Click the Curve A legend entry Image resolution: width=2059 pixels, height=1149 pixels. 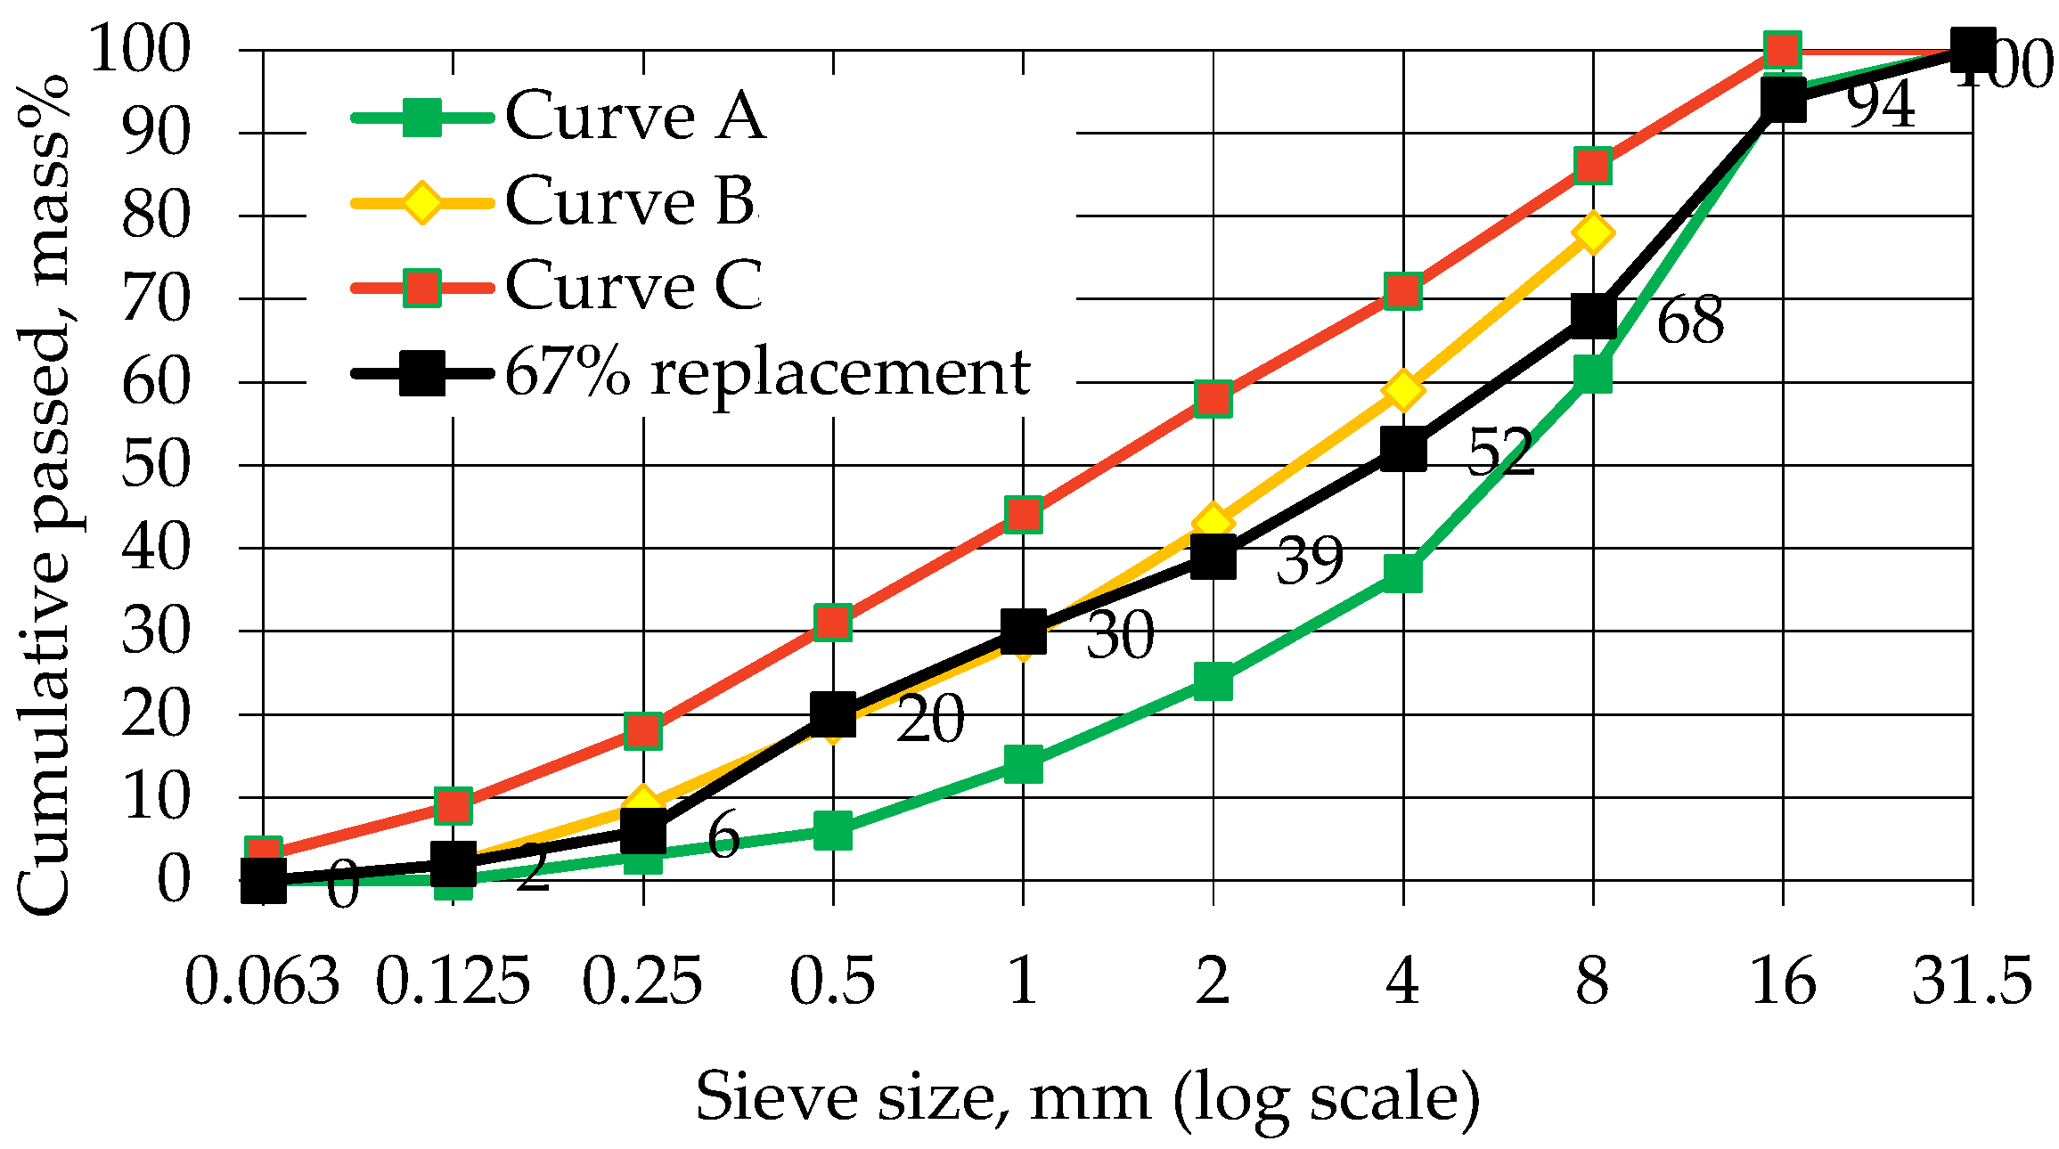[634, 116]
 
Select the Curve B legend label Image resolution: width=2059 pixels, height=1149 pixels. [629, 201]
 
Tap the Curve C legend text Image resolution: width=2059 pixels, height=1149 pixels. [633, 286]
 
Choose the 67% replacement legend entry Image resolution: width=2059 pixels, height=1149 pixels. [766, 371]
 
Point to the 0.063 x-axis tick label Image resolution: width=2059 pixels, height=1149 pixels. [262, 982]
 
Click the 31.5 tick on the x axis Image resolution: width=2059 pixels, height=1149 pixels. [1972, 982]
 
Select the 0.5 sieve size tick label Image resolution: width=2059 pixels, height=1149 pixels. [832, 982]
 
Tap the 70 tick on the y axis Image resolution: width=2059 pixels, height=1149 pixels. [156, 299]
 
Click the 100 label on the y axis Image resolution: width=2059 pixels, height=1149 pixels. [140, 50]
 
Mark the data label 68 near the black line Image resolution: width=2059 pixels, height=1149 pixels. [1690, 322]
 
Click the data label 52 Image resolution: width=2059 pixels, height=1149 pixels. [1500, 452]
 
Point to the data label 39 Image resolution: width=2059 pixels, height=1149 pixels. [1310, 562]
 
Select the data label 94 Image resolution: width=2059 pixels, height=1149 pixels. [1880, 106]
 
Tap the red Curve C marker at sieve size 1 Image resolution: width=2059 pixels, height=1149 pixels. [1023, 515]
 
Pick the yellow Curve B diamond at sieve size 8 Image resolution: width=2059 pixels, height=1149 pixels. [1593, 233]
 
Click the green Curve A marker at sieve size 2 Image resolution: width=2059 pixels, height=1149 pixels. [1213, 681]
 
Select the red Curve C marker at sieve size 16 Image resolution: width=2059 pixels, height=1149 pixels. [1782, 50]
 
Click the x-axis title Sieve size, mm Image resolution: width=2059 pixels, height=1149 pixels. [1087, 1097]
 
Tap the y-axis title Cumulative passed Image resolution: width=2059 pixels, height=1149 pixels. [45, 494]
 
